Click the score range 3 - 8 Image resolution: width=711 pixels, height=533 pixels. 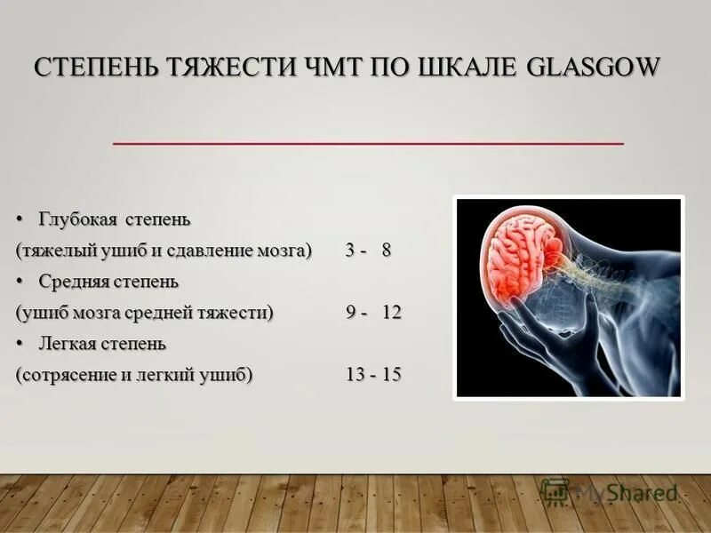[x=368, y=251]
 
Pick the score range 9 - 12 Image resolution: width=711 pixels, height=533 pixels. [x=373, y=313]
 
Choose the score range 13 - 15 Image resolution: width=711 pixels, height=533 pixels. [x=373, y=375]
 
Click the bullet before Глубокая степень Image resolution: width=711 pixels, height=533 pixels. [x=20, y=219]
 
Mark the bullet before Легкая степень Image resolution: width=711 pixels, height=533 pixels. [x=20, y=343]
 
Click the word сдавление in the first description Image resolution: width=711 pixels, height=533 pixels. [x=218, y=251]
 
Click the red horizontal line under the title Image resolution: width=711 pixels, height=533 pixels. [x=368, y=142]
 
